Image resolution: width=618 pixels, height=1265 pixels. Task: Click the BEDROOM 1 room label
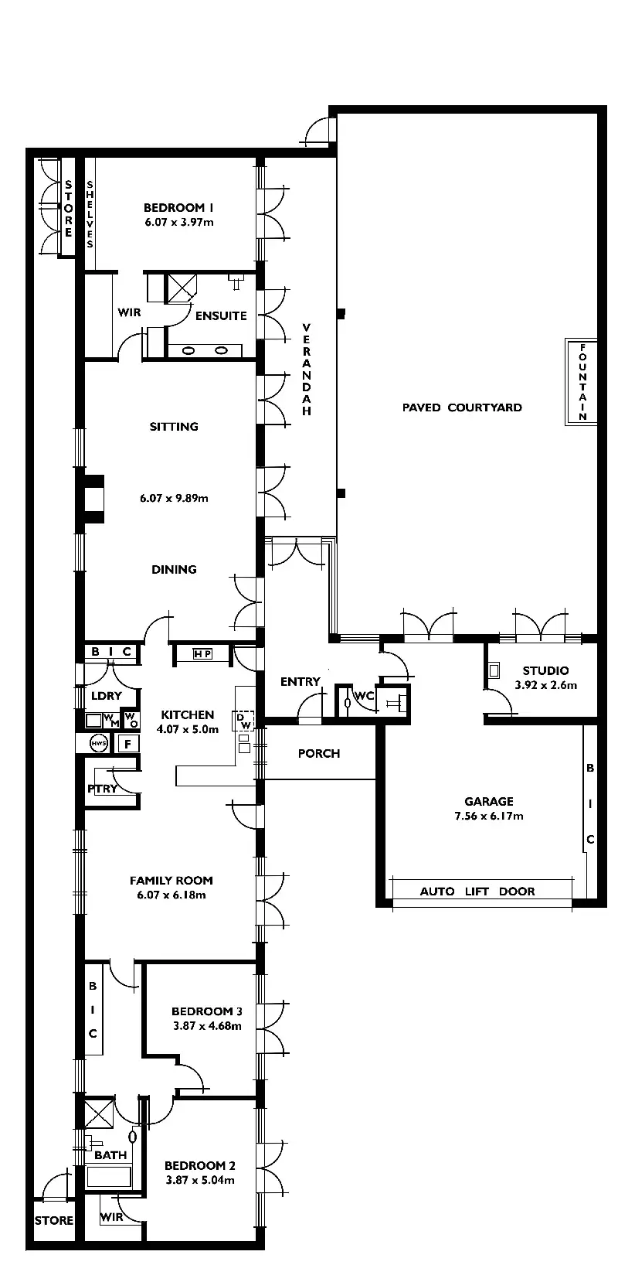tap(178, 207)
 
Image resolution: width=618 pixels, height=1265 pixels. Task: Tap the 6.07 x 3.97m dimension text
tap(178, 222)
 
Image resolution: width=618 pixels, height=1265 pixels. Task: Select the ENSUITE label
tap(221, 315)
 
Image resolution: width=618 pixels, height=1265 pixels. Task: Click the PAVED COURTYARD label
tap(462, 407)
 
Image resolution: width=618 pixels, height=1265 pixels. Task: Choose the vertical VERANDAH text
tap(307, 369)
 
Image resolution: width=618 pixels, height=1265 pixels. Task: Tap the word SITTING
tap(174, 426)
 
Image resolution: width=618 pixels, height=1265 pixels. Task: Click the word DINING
tap(174, 569)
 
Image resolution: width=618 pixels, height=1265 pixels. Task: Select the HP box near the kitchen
tap(202, 654)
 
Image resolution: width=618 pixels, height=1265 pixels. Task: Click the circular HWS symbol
tap(98, 744)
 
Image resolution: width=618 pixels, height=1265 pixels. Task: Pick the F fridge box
tap(127, 745)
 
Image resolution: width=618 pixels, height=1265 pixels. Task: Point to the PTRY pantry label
tap(103, 789)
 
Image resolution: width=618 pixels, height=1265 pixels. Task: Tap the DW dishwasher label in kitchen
tap(243, 721)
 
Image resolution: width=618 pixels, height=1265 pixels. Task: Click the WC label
tap(364, 696)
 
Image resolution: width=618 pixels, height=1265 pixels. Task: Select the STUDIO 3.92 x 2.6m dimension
tap(546, 685)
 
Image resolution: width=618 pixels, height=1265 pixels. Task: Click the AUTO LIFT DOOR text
tap(477, 891)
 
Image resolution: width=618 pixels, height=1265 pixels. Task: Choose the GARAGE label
tap(489, 802)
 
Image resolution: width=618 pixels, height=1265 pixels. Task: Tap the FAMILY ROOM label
tap(171, 880)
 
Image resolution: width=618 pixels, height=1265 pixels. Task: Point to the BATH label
tap(110, 1155)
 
